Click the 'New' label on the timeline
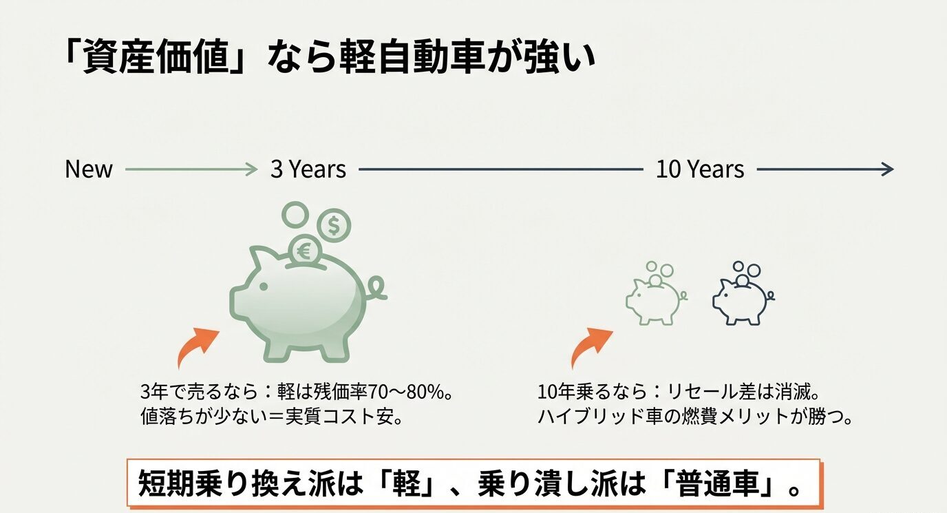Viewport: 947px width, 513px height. click(x=89, y=169)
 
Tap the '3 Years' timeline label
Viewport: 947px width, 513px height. click(x=308, y=169)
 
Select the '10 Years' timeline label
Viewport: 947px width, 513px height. click(x=699, y=169)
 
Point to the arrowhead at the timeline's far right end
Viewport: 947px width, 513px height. click(x=888, y=169)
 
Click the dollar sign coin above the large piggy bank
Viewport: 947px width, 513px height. click(x=333, y=225)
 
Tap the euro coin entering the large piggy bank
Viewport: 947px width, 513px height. click(x=304, y=250)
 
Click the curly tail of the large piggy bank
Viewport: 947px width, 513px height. click(x=377, y=290)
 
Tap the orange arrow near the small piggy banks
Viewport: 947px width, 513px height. click(x=589, y=346)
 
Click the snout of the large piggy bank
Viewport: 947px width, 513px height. click(x=237, y=301)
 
